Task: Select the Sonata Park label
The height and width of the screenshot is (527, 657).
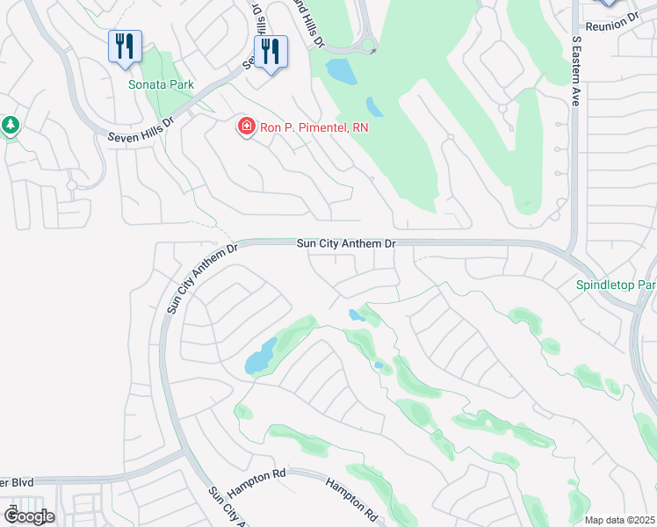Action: pyautogui.click(x=161, y=84)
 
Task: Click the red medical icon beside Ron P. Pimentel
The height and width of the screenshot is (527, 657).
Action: pyautogui.click(x=247, y=127)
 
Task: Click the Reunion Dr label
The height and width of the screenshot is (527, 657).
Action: pyautogui.click(x=615, y=24)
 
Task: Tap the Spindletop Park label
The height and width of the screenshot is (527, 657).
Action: pyautogui.click(x=616, y=285)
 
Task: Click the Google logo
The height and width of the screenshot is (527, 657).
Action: pyautogui.click(x=29, y=516)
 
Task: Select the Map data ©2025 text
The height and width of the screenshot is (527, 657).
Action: pyautogui.click(x=619, y=519)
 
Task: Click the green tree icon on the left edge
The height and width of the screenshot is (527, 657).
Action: pyautogui.click(x=11, y=126)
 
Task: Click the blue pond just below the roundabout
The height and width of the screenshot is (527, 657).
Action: pyautogui.click(x=341, y=70)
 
